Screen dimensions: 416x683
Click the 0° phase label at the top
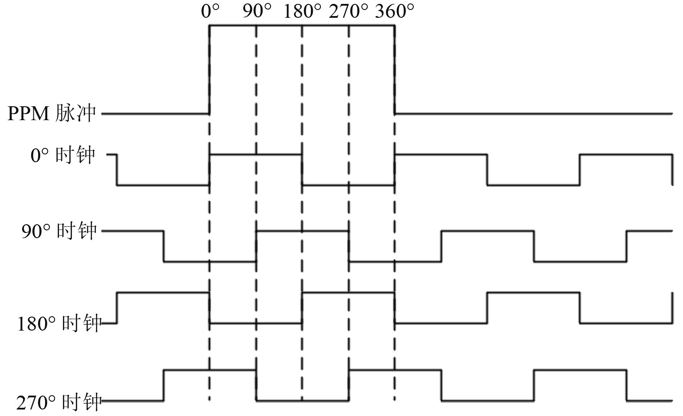click(x=210, y=11)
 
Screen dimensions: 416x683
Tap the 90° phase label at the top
click(x=257, y=11)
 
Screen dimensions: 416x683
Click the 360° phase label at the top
click(x=395, y=11)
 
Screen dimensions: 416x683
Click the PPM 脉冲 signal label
click(x=51, y=114)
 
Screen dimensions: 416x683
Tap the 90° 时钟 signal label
click(x=59, y=231)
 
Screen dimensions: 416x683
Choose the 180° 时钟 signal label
click(x=59, y=324)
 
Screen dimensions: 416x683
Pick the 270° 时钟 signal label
click(x=59, y=403)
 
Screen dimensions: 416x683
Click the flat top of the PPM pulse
click(x=302, y=26)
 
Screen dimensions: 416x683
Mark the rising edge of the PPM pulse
click(x=210, y=69)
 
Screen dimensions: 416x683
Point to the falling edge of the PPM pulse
click(x=395, y=69)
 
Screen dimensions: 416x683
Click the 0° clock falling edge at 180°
click(x=302, y=170)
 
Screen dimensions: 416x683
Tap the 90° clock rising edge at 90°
click(x=256, y=246)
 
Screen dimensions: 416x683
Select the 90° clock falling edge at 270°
click(x=349, y=246)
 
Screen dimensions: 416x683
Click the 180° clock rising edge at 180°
click(x=302, y=308)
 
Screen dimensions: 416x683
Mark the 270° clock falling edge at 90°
click(x=256, y=385)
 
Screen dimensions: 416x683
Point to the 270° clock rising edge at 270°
click(x=349, y=385)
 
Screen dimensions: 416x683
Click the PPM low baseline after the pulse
click(x=533, y=114)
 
